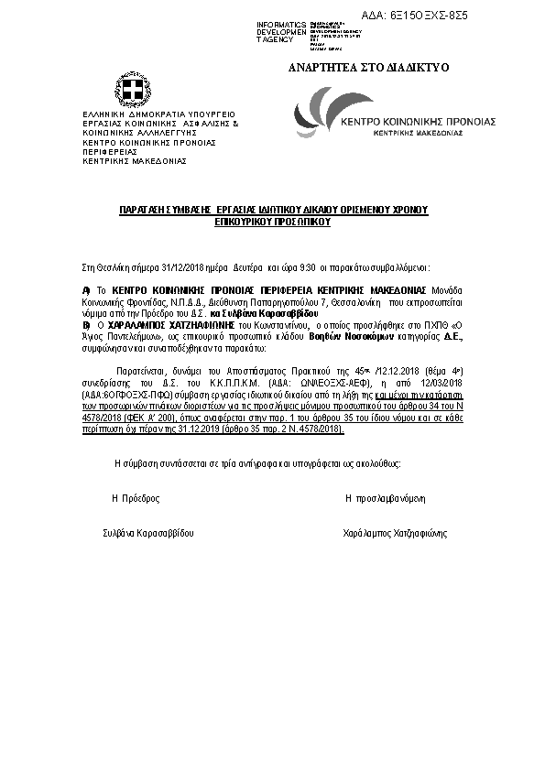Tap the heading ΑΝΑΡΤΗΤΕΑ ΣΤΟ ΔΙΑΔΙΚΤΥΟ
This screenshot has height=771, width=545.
tap(354, 68)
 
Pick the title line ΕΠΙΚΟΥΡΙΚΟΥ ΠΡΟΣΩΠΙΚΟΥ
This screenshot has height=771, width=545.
tap(272, 221)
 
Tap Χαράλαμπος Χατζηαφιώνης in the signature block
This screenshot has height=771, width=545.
tap(394, 532)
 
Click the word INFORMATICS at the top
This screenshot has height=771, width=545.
tap(282, 24)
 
